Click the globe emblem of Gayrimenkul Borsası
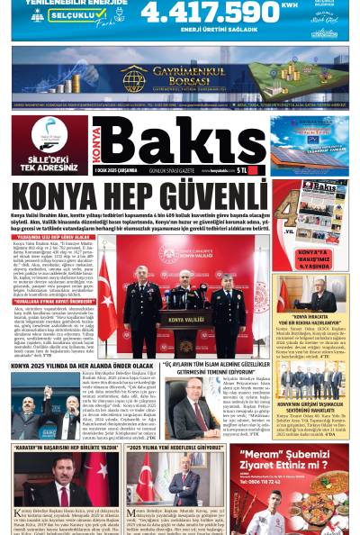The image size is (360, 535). [x=133, y=78]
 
